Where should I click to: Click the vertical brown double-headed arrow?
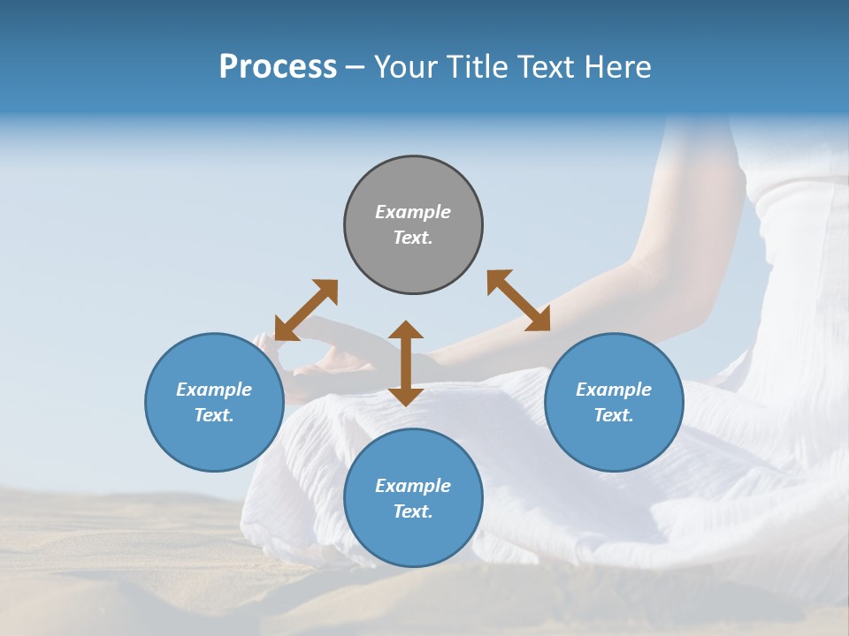click(406, 363)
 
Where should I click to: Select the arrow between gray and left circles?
click(306, 310)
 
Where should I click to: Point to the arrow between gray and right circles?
click(518, 300)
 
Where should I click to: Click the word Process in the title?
click(278, 67)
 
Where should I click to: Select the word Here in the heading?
click(618, 67)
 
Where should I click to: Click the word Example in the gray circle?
click(413, 212)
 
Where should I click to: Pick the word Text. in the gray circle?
click(413, 238)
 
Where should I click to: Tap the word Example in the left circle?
click(214, 390)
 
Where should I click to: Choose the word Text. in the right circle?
click(614, 415)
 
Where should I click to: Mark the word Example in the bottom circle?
click(413, 486)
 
